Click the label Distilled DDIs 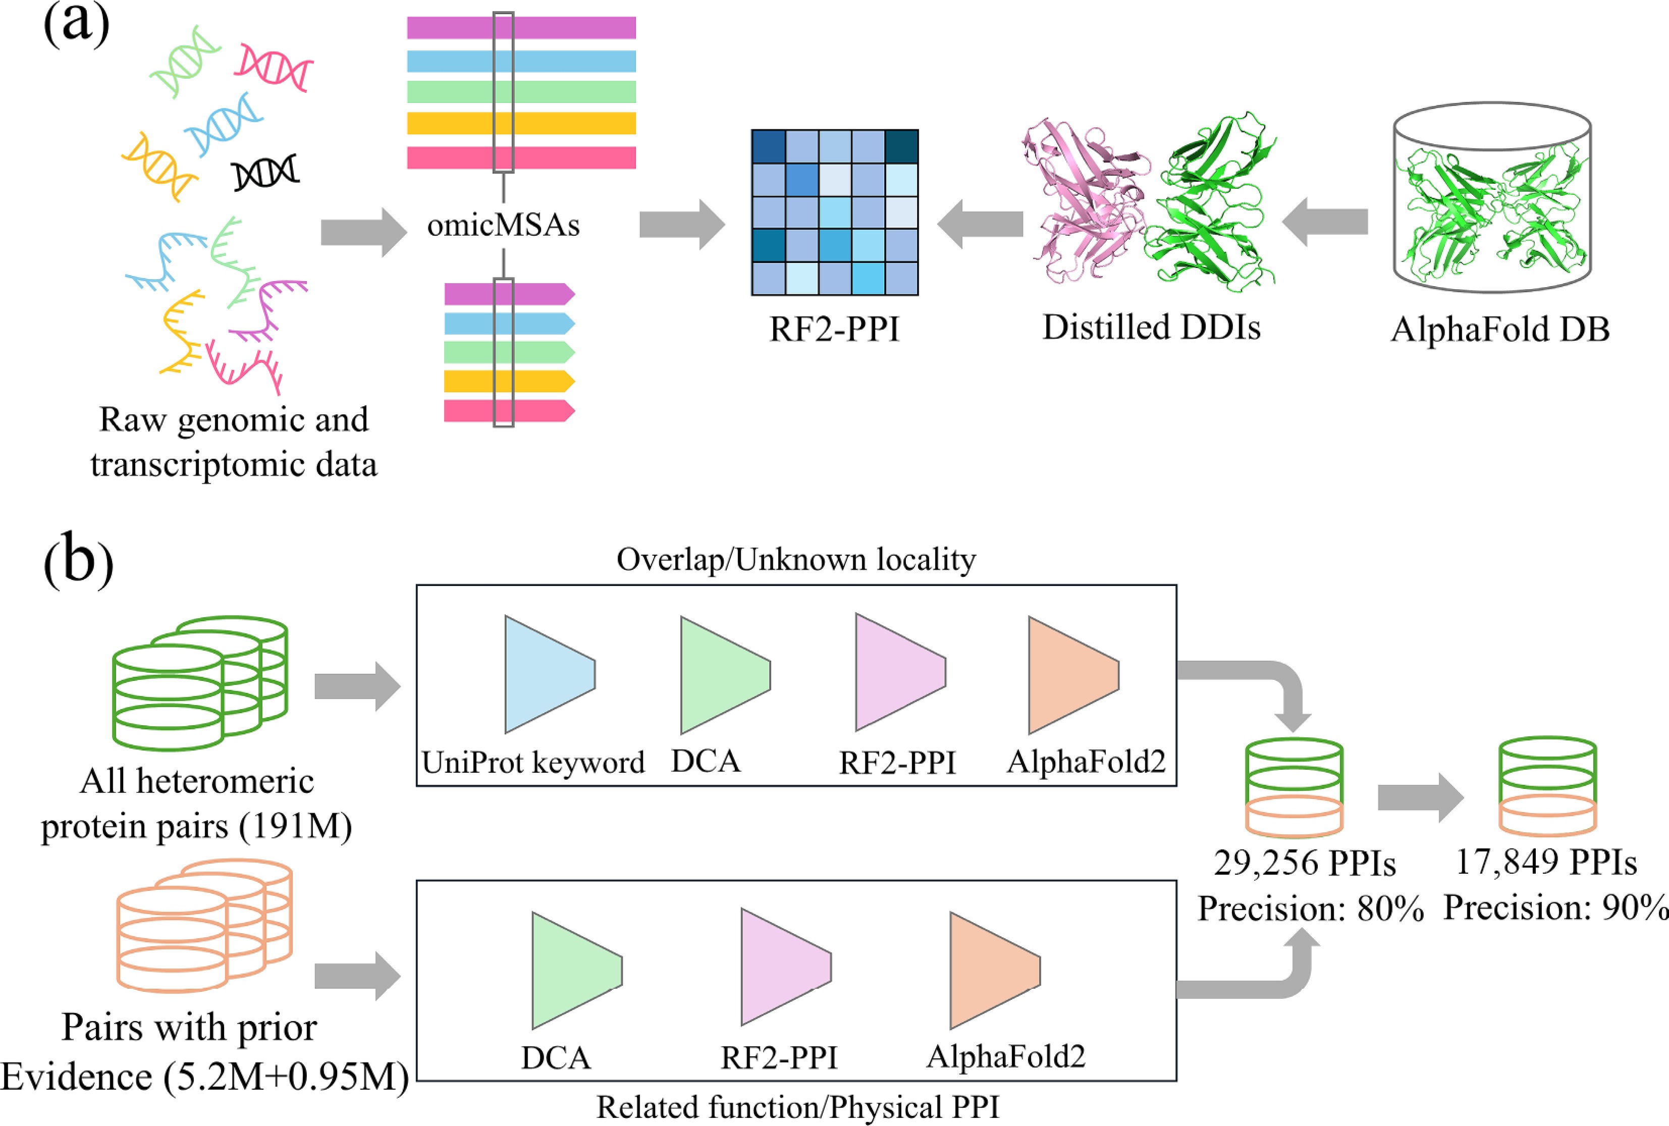click(1151, 328)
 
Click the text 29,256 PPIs click(1304, 863)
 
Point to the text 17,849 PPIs click(1545, 862)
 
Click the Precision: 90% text click(1555, 907)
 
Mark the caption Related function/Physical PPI click(797, 1107)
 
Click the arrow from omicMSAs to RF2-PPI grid click(681, 225)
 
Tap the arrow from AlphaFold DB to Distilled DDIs click(1325, 222)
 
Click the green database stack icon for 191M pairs click(200, 682)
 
